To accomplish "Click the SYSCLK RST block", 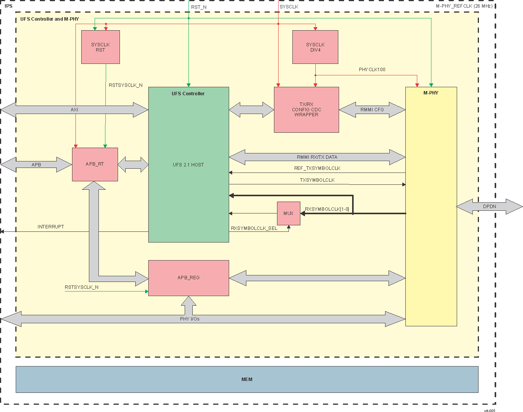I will (100, 47).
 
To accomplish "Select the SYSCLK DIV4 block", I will (315, 47).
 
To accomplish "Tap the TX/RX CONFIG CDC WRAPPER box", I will (306, 110).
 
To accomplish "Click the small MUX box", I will (289, 213).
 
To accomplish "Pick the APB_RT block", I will (95, 164).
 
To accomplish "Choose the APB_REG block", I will (189, 278).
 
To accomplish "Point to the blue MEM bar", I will (247, 379).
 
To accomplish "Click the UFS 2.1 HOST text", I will (188, 165).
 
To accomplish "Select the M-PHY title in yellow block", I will (431, 93).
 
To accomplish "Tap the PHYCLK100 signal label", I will (372, 70).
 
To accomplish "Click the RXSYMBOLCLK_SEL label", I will (254, 228).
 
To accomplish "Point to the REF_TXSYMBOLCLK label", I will (317, 168).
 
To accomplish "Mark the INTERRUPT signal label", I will (51, 227).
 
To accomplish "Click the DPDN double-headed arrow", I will (489, 207).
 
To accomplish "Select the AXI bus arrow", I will (74, 110).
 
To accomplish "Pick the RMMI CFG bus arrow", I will (372, 110).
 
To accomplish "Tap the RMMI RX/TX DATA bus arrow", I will (317, 157).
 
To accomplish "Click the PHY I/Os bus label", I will (190, 319).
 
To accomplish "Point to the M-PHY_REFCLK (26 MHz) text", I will (464, 6).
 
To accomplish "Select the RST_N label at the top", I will (199, 7).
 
